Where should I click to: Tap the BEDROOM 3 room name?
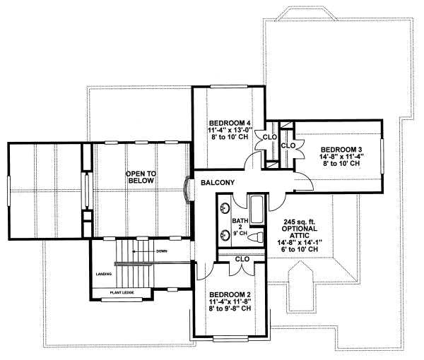click(341, 149)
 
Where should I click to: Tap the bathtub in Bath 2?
click(255, 209)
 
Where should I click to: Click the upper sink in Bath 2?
click(225, 209)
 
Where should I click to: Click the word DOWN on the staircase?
click(162, 251)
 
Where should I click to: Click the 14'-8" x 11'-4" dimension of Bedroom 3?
click(341, 157)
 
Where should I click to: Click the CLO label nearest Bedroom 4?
click(269, 138)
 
